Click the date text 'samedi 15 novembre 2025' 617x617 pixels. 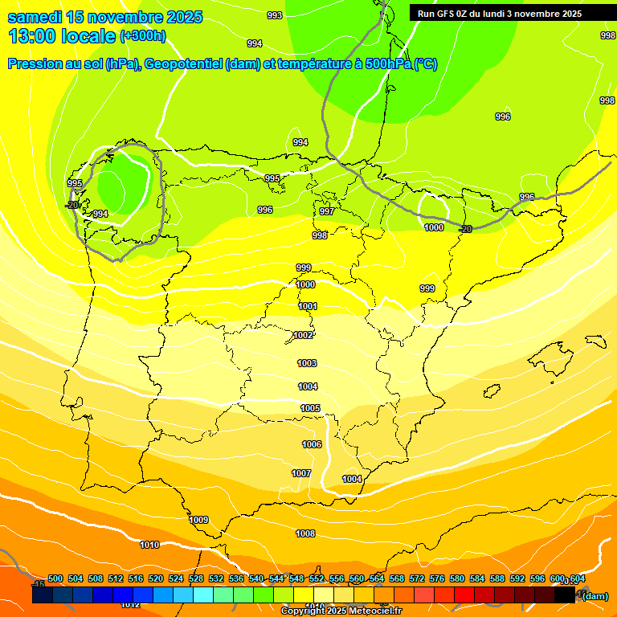click(104, 17)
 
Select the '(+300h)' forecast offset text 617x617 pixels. click(143, 36)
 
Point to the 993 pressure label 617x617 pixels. click(275, 15)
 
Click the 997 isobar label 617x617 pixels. click(327, 211)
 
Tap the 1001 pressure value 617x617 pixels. click(308, 306)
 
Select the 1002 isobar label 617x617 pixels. click(304, 335)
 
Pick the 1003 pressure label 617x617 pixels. click(308, 363)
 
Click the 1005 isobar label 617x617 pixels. click(311, 408)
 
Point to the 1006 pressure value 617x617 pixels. click(312, 444)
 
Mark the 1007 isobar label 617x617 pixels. click(301, 473)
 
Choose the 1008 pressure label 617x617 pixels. click(305, 533)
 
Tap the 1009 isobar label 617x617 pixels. click(199, 520)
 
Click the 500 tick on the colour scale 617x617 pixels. click(55, 578)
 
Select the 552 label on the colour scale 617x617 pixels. click(317, 578)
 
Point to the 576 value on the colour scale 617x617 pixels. click(437, 578)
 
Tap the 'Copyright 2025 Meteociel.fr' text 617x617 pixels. click(341, 611)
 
